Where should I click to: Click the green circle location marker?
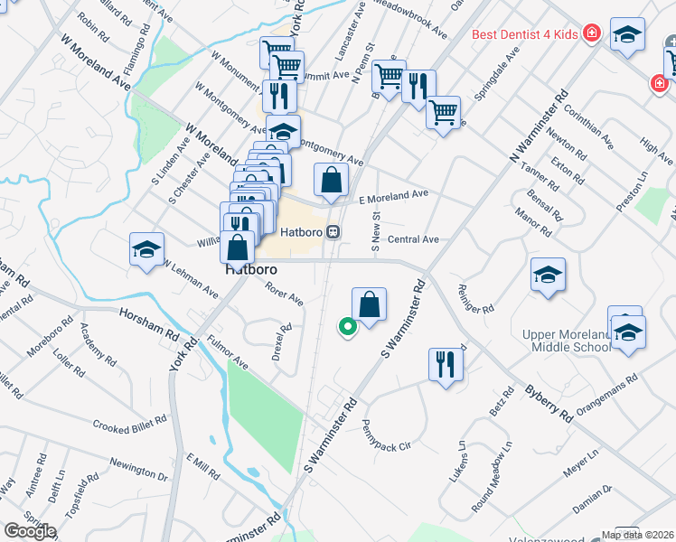click(x=344, y=327)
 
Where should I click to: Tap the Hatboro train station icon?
click(x=333, y=232)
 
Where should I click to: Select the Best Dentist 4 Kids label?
click(x=524, y=35)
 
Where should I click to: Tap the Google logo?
click(x=30, y=530)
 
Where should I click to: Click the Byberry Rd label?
click(x=549, y=404)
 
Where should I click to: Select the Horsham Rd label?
click(x=149, y=322)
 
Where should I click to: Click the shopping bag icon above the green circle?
click(x=370, y=304)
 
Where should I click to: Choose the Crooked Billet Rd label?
click(x=130, y=423)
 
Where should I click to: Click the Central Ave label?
click(x=412, y=239)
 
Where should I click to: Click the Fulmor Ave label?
click(x=226, y=350)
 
